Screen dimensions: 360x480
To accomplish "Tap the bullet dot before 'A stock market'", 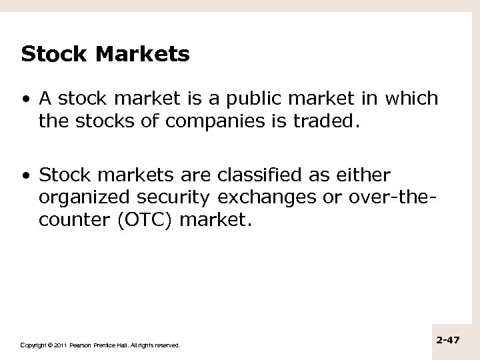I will click(25, 100).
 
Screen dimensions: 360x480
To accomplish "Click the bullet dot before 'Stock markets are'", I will click(25, 176).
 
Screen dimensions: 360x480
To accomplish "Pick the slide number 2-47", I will click(448, 340).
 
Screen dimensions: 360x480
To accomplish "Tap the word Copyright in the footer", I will click(34, 345).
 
